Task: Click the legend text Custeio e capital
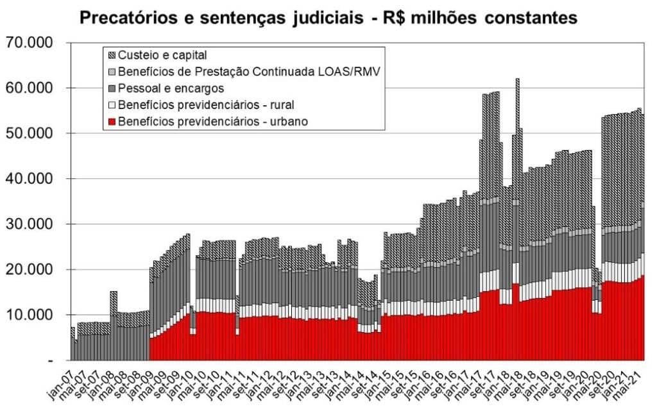pos(162,55)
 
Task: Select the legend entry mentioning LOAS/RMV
pos(250,72)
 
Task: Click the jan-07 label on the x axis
pos(63,382)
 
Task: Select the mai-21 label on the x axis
pos(637,382)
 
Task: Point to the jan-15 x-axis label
pos(375,382)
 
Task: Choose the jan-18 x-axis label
pos(492,382)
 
